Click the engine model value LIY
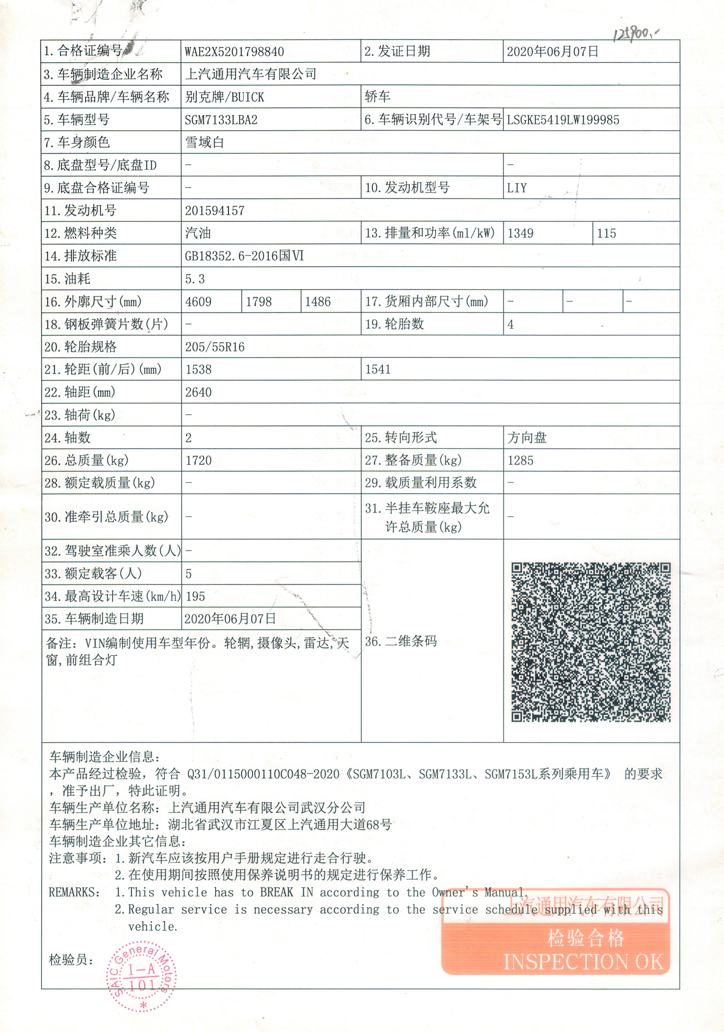click(x=517, y=188)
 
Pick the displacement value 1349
click(x=520, y=233)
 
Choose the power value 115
click(x=606, y=233)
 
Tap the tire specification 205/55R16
click(x=215, y=347)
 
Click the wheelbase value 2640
click(x=198, y=392)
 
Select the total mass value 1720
click(x=198, y=460)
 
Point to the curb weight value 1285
click(x=520, y=460)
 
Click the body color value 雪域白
click(x=205, y=142)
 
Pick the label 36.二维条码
click(x=401, y=641)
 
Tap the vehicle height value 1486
click(x=317, y=302)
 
